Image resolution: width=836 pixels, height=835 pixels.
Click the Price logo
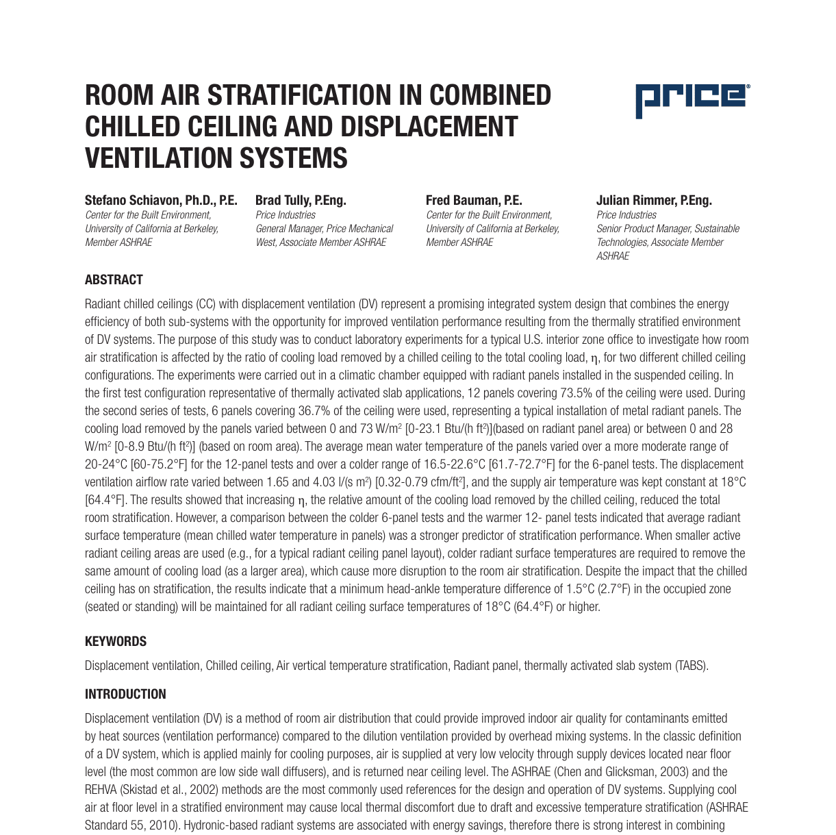click(692, 101)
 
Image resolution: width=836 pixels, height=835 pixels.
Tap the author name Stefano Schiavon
click(134, 200)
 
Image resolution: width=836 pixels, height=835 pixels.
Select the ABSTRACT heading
click(114, 279)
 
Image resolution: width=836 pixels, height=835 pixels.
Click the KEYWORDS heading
click(115, 641)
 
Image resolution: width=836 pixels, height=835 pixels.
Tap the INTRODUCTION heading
click(125, 694)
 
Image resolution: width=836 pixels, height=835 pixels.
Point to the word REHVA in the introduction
click(101, 790)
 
